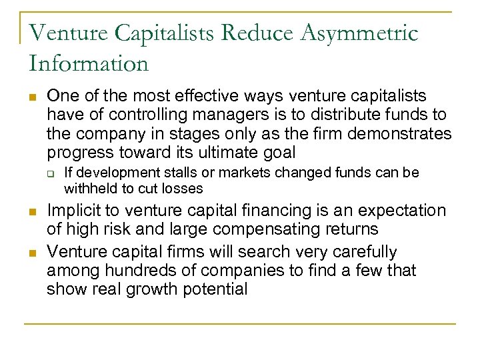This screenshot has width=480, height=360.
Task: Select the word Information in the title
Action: click(89, 63)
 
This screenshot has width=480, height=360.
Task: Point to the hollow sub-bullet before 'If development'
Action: click(51, 173)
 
